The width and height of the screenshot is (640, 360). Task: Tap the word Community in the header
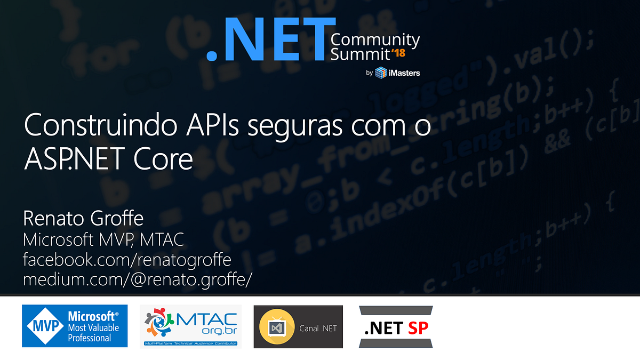click(x=375, y=40)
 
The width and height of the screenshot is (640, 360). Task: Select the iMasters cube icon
click(x=381, y=73)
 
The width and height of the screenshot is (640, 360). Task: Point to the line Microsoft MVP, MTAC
click(x=103, y=239)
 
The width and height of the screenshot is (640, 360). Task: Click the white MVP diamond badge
click(x=44, y=326)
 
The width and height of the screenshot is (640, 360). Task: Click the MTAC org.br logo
click(x=191, y=325)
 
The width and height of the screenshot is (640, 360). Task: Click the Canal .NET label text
click(x=318, y=327)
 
